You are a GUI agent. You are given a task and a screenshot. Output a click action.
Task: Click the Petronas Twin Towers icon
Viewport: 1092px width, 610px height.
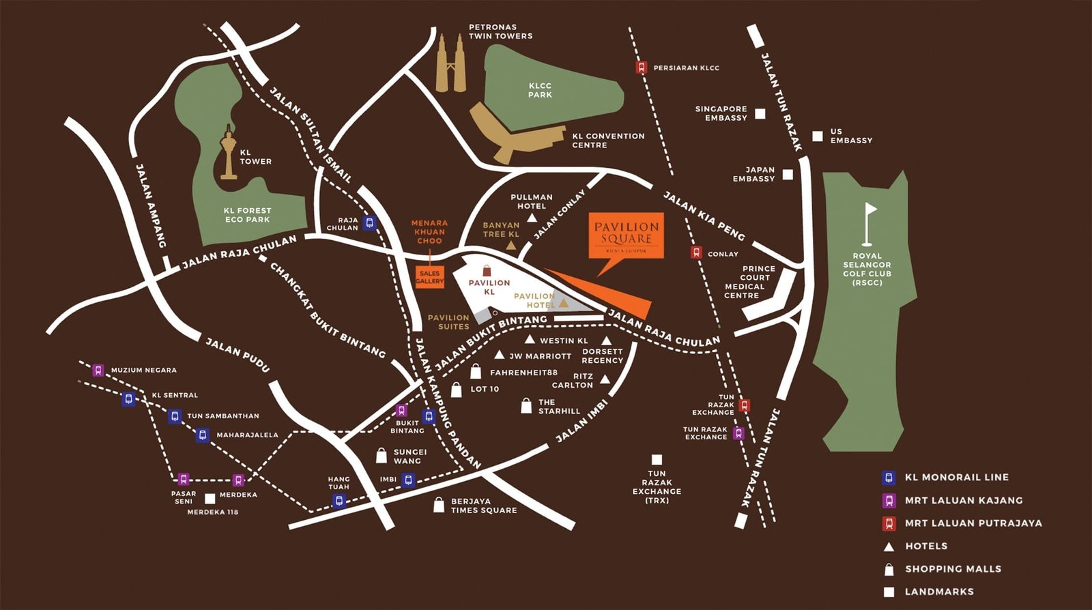451,65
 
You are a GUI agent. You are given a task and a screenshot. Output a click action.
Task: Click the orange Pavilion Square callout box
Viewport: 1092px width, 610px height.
626,235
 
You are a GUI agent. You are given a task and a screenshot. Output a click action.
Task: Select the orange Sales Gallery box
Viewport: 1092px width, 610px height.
429,276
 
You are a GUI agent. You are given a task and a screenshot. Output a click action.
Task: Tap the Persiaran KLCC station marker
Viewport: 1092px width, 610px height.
641,68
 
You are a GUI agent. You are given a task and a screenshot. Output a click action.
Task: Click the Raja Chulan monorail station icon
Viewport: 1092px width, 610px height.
369,222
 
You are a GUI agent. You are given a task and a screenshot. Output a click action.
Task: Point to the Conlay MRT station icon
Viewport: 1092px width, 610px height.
696,253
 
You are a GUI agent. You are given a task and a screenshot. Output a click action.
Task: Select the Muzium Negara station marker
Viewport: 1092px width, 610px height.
98,370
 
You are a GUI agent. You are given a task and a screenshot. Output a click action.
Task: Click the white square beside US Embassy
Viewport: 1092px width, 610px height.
817,136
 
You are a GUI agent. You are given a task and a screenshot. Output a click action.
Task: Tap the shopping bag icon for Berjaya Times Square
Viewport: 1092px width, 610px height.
439,505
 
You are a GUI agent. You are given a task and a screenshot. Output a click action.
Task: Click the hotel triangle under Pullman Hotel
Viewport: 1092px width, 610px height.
532,218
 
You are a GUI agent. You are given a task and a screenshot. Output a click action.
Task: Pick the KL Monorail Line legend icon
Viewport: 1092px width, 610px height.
889,478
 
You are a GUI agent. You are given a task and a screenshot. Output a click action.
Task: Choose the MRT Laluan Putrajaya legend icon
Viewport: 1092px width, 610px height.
889,523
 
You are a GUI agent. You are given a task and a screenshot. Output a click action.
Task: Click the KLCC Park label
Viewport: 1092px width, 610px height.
540,90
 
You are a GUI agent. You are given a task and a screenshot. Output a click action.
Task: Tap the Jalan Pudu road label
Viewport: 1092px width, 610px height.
238,355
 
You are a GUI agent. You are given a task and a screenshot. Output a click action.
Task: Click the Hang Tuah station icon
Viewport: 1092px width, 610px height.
339,502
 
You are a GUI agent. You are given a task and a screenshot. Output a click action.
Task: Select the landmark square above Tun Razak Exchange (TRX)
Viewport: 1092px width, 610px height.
657,460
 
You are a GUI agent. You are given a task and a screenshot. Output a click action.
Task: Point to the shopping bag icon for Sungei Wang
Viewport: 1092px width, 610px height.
382,455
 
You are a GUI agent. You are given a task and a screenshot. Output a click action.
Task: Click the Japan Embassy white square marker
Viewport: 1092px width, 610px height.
788,175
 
